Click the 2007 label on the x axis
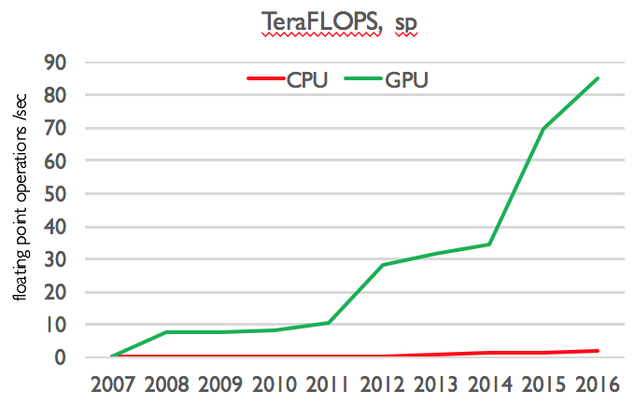point(112,384)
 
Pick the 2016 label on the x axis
point(598,384)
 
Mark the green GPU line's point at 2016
point(598,78)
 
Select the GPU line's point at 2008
point(166,332)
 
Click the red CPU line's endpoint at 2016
point(598,351)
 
